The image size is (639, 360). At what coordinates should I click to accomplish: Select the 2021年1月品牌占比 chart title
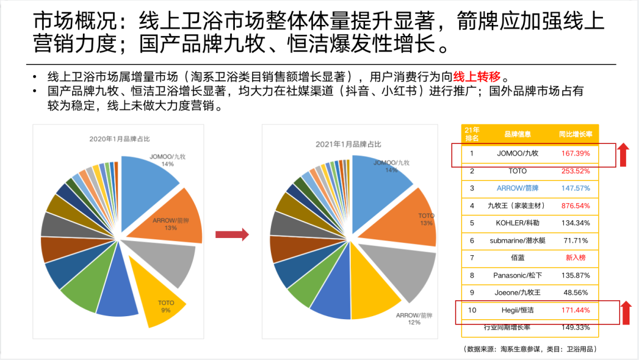pyautogui.click(x=349, y=144)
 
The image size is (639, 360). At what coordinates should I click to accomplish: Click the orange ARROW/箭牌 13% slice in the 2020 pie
pyautogui.click(x=175, y=217)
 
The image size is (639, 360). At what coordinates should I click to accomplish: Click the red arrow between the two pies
pyautogui.click(x=231, y=234)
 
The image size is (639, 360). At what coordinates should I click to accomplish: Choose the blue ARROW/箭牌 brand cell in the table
pyautogui.click(x=517, y=188)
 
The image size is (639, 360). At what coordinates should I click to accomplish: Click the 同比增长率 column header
pyautogui.click(x=576, y=134)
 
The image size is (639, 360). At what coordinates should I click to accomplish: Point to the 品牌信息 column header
pyautogui.click(x=517, y=134)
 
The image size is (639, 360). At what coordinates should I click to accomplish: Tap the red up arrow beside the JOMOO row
pyautogui.click(x=622, y=155)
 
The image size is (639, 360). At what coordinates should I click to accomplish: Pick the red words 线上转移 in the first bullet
pyautogui.click(x=477, y=77)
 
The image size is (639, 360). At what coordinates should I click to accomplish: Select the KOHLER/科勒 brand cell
pyautogui.click(x=517, y=223)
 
